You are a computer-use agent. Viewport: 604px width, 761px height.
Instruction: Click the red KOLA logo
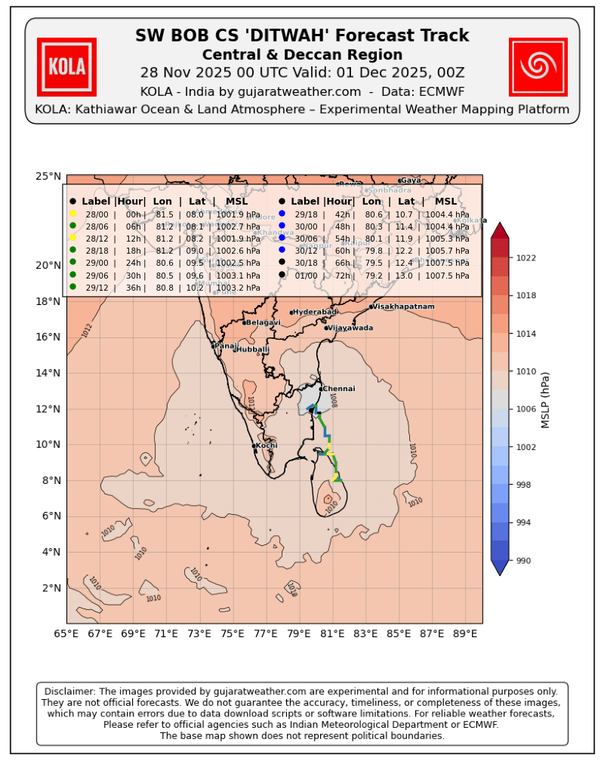(x=66, y=67)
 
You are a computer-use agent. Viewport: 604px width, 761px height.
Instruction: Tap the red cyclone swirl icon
(x=538, y=67)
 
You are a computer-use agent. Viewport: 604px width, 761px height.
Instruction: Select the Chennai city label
(x=339, y=389)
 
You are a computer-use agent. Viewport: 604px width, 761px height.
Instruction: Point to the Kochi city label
(x=267, y=445)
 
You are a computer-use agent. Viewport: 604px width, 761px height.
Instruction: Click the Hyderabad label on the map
(x=315, y=312)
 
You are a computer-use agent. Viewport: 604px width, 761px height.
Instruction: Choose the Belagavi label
(x=263, y=322)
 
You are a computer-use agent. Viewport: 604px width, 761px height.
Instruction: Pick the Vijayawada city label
(x=351, y=328)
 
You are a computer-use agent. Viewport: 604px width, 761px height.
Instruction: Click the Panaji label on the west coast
(x=226, y=346)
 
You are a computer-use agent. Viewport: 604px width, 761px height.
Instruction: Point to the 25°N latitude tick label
(x=48, y=176)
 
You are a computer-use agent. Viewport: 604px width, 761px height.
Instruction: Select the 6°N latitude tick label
(x=51, y=516)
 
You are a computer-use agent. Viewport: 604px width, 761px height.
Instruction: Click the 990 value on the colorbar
(x=522, y=561)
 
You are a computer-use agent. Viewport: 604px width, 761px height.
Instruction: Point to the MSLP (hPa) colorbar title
(x=545, y=400)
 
